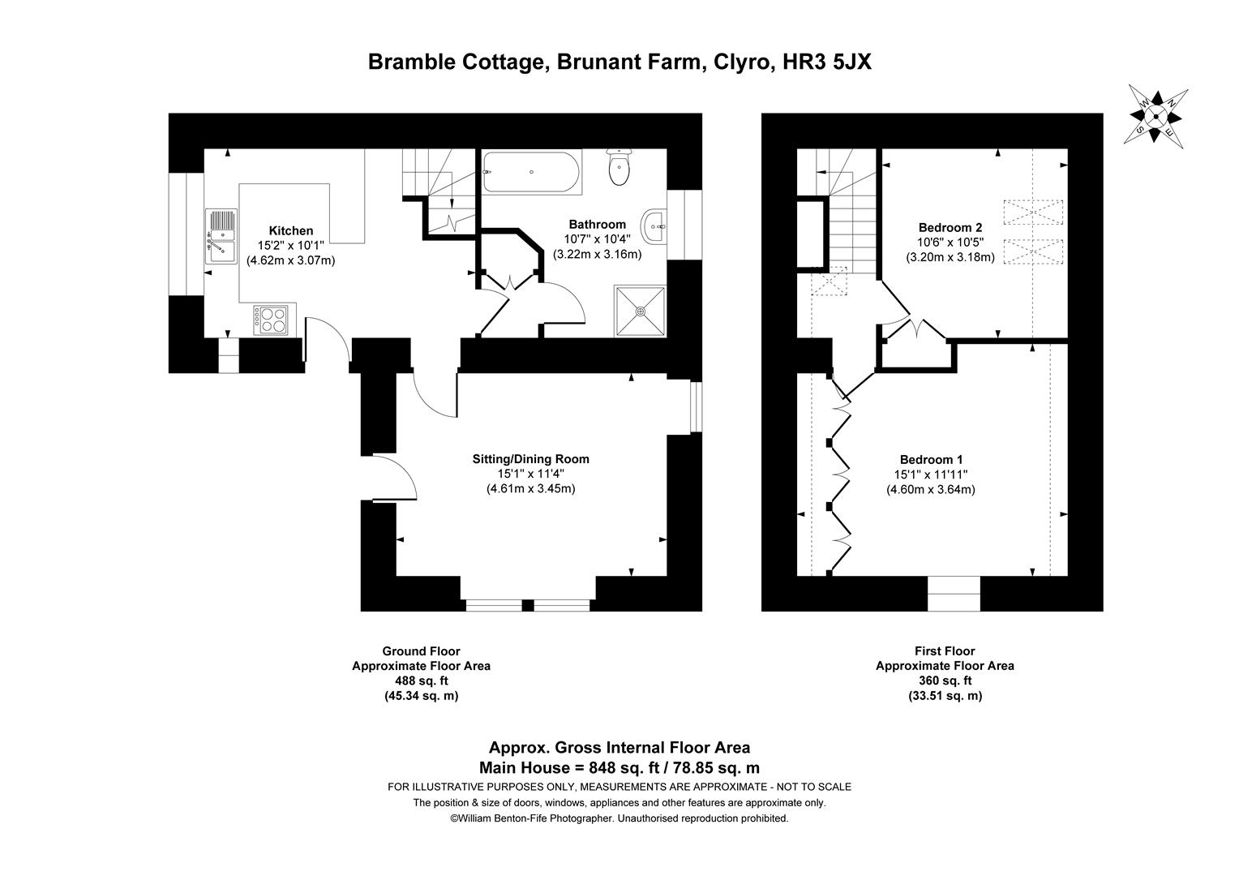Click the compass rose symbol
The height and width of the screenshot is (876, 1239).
[x=1155, y=116]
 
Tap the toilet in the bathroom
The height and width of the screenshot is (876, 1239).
[x=619, y=168]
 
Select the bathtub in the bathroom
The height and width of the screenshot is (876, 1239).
[x=531, y=172]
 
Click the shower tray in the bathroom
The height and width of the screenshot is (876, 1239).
[x=641, y=310]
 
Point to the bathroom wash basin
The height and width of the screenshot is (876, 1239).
[x=654, y=226]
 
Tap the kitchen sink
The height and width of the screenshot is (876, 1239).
[x=221, y=236]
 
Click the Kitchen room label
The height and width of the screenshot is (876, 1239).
[x=290, y=230]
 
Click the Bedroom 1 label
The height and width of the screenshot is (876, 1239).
[x=931, y=459]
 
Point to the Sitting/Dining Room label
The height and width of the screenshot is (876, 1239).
[x=530, y=459]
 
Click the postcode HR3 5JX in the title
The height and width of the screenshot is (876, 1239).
[x=827, y=62]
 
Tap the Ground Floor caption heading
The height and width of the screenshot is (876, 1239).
[x=421, y=651]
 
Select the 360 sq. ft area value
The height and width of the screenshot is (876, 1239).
[x=945, y=681]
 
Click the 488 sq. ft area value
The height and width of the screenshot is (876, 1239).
[x=421, y=681]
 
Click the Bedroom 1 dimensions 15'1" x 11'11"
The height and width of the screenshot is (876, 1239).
[x=931, y=474]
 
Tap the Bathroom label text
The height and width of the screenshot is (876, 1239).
[x=597, y=224]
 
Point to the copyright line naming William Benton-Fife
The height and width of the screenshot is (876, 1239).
[x=619, y=818]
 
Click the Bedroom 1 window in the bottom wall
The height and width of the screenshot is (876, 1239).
[x=954, y=594]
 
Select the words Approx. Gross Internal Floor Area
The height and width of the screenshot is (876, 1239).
[x=619, y=748]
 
